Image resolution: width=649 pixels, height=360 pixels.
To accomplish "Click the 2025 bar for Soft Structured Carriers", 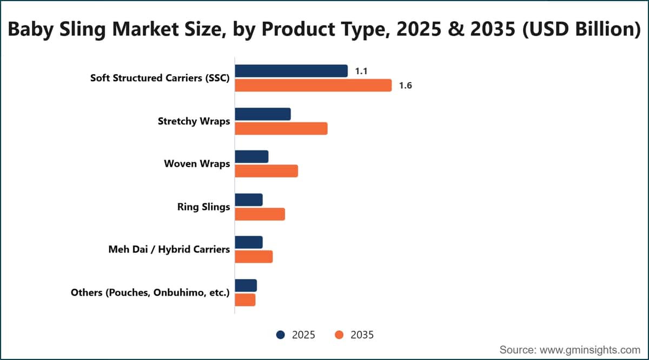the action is tap(291, 71).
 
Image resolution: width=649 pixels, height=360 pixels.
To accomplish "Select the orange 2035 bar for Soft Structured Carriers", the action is tap(313, 85).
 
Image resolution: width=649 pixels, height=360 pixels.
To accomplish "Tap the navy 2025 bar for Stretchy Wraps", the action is tap(263, 114).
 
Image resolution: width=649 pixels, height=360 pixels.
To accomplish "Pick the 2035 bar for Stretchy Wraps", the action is tap(281, 129).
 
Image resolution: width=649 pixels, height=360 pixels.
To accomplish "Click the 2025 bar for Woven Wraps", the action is tap(251, 157).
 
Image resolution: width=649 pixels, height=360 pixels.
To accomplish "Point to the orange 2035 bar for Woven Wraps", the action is tap(266, 171).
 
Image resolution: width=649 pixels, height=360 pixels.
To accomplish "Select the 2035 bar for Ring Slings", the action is tap(260, 214).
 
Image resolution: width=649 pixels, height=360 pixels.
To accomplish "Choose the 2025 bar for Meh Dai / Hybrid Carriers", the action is tap(249, 242).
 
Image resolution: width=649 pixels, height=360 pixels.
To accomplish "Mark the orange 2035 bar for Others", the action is tap(245, 300).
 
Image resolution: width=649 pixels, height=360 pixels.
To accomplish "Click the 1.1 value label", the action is tap(361, 71).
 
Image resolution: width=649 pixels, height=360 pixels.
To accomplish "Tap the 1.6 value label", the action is tap(405, 85).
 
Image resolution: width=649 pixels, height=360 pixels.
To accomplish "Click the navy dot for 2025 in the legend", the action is tap(281, 335).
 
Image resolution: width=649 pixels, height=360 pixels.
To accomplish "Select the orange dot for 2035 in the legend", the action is tap(339, 335).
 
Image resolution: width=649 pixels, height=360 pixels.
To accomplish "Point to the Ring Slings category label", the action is tap(203, 207).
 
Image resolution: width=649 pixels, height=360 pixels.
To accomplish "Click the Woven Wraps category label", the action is tap(197, 164).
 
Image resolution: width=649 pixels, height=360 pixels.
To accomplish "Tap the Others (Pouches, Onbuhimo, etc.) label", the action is tap(150, 292).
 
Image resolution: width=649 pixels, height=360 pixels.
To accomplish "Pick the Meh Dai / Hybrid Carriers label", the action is tap(169, 249).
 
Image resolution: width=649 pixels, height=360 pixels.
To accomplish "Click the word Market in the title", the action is tap(145, 29).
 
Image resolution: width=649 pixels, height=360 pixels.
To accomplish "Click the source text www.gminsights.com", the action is tap(590, 350).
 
